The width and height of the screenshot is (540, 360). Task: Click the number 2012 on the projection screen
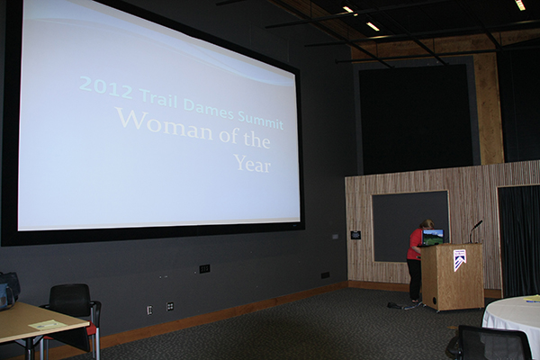coord(106,87)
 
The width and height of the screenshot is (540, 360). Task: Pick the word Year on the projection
coord(252,164)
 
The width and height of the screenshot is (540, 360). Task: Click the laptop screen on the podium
coord(433,237)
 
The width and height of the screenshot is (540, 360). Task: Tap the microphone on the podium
coord(476,230)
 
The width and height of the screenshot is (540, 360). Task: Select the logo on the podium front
coord(460,260)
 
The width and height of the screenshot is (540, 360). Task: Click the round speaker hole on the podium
coord(435,299)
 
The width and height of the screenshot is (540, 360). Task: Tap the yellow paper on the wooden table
coord(47,325)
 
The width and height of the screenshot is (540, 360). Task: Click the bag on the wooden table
coord(8,291)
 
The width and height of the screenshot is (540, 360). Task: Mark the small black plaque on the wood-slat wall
coord(355,235)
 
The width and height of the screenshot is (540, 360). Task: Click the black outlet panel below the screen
coord(204,269)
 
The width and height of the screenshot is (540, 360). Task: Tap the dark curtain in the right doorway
coord(519,240)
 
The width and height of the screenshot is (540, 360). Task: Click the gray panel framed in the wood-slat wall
coord(409,227)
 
